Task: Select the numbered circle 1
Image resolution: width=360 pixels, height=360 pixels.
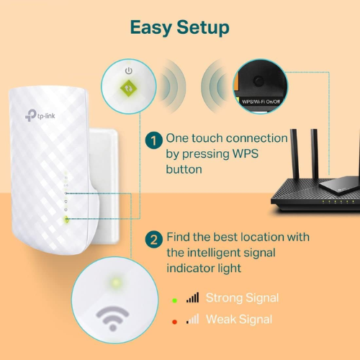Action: tap(153, 140)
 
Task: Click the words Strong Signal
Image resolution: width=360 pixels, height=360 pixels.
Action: tap(242, 297)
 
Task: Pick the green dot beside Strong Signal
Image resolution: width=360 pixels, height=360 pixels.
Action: tap(174, 297)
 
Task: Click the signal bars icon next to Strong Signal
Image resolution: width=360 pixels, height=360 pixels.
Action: tap(192, 297)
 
